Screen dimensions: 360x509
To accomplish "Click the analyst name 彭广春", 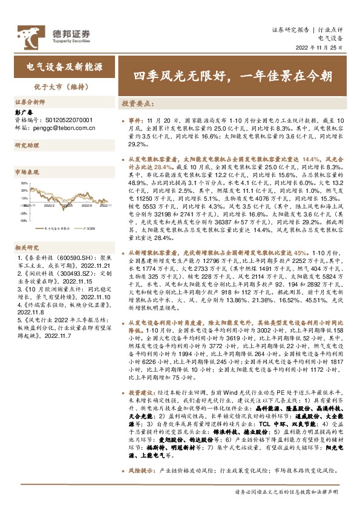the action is point(22,112).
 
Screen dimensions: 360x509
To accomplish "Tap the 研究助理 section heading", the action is point(27,146).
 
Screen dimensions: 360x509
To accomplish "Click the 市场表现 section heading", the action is point(27,172).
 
